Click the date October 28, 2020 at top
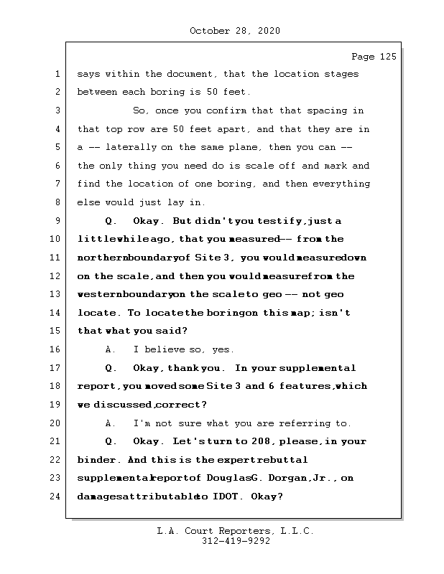234,31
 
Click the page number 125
387,57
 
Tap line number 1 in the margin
57,74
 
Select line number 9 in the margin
57,221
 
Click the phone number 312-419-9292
235,542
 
